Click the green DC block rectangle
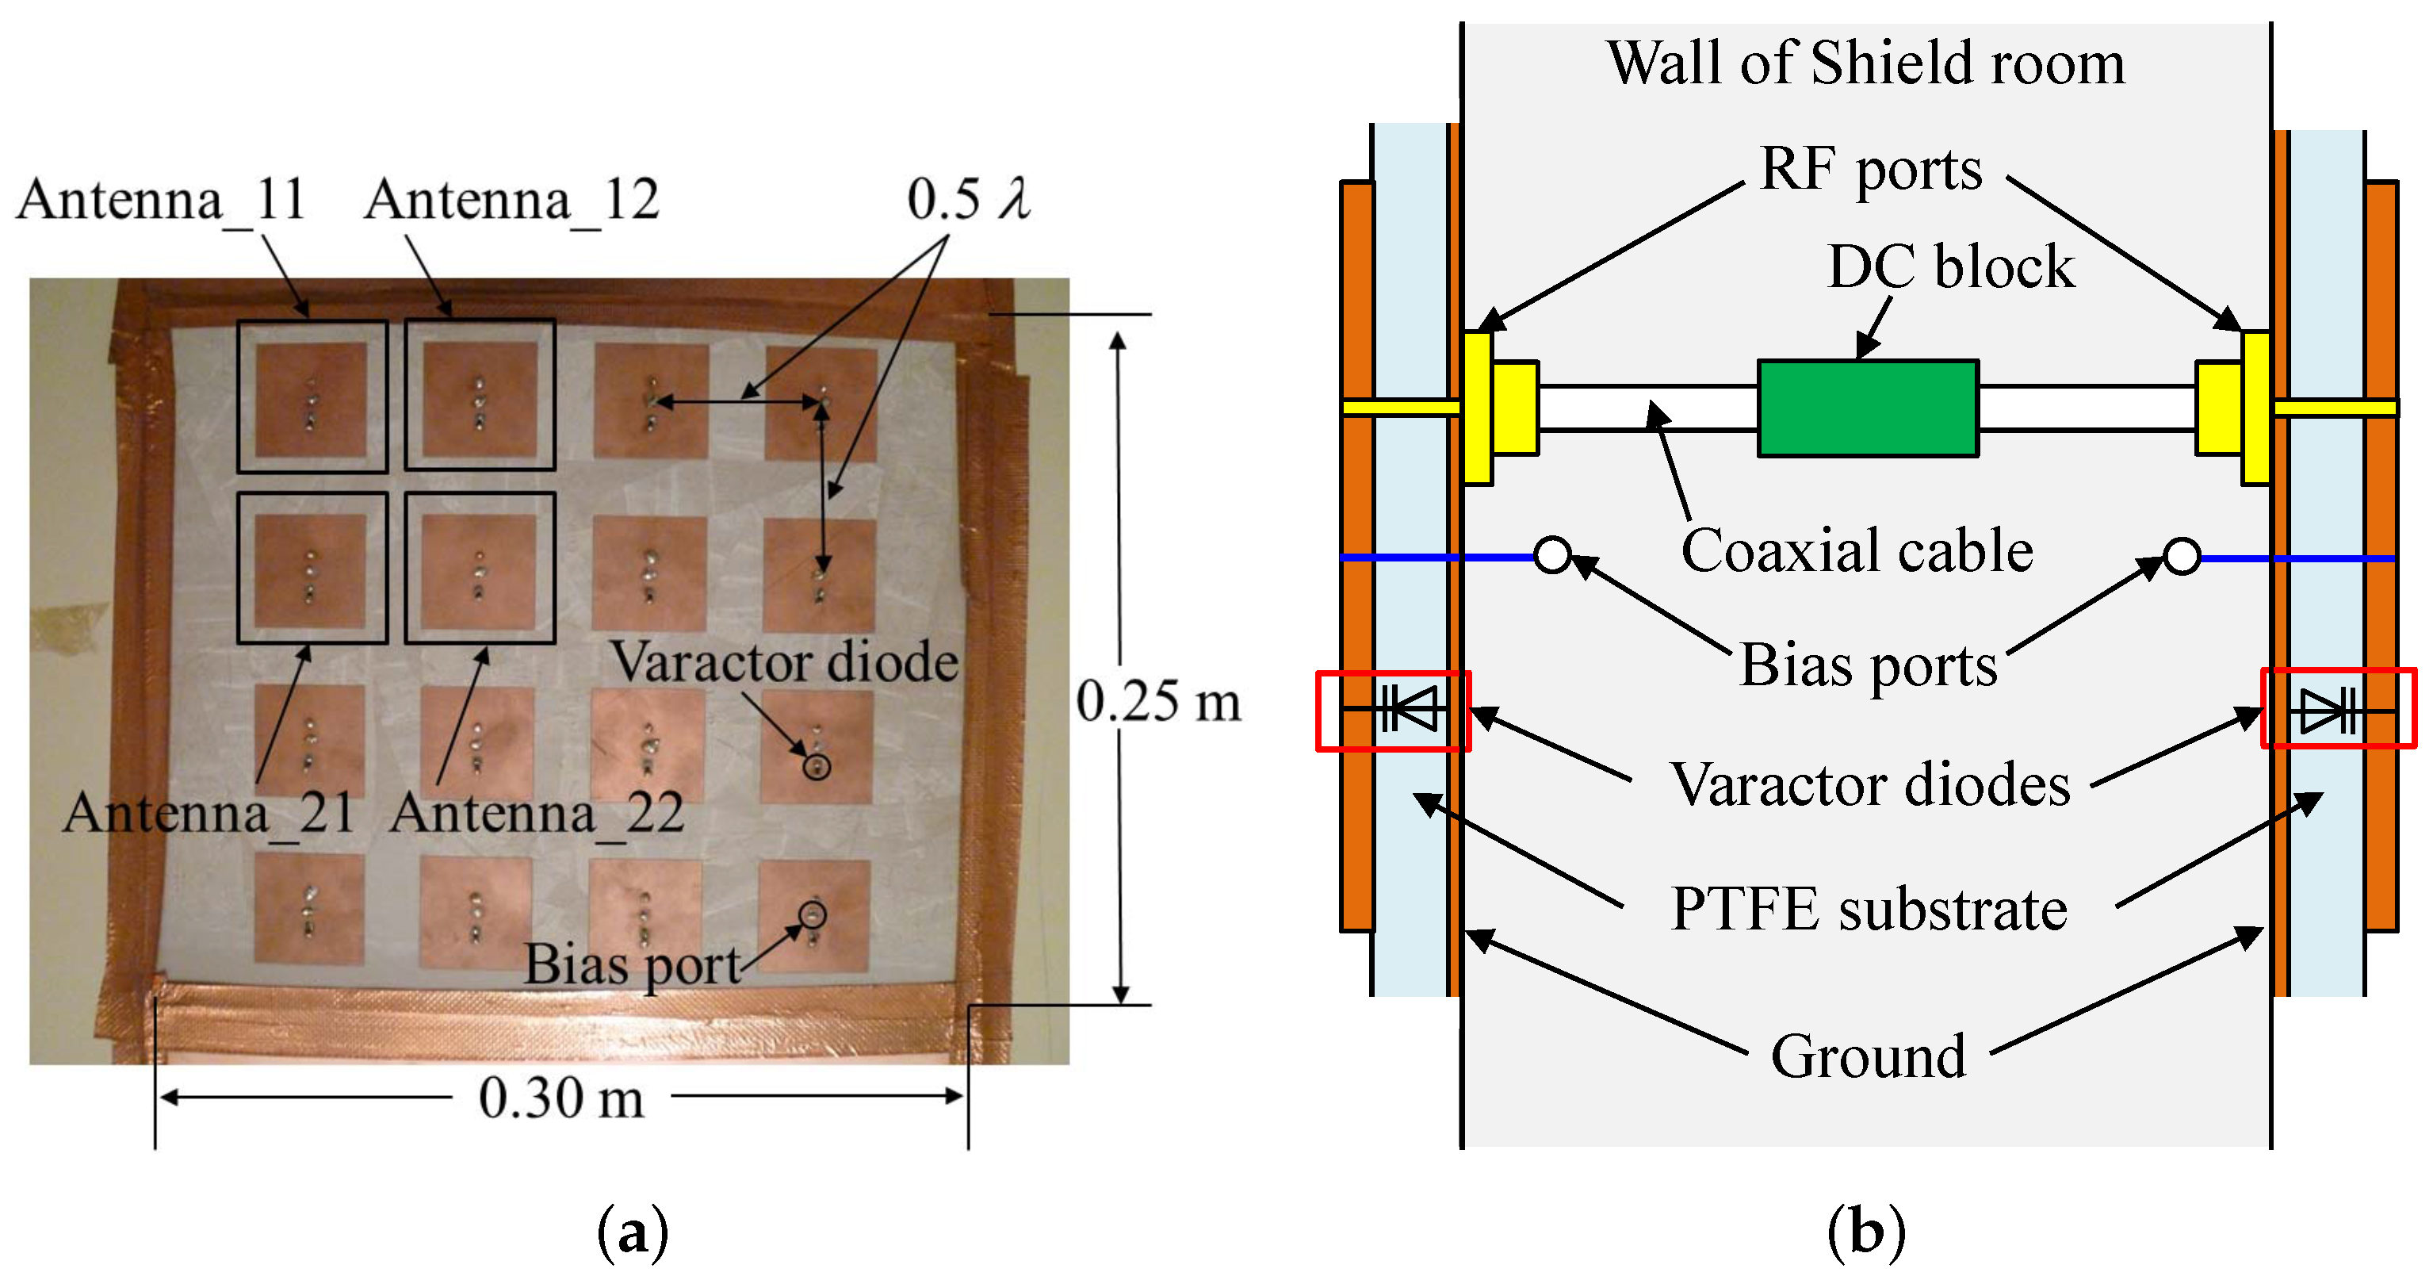[1867, 408]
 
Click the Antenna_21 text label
[208, 812]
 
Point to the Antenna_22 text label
[537, 812]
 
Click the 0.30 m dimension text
[561, 1098]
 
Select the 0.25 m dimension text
[1158, 702]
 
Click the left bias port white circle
[1551, 555]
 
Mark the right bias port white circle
[2181, 555]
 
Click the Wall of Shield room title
[1865, 63]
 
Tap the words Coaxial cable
[1856, 550]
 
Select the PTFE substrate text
[1869, 910]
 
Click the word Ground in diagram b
[1867, 1056]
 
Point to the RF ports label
[1870, 170]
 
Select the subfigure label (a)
[632, 1232]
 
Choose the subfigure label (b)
[1865, 1232]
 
